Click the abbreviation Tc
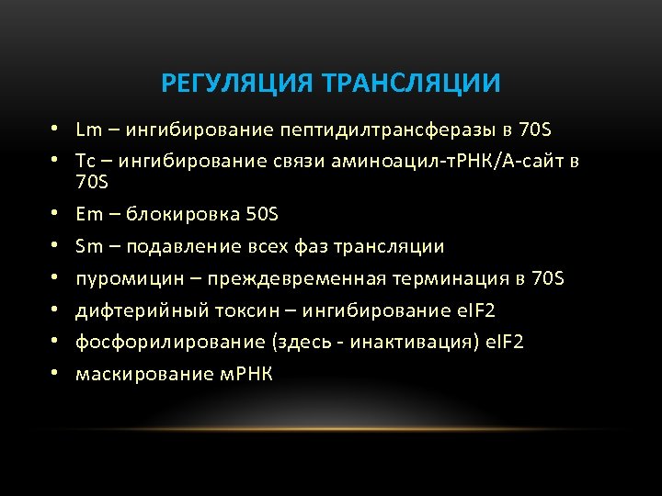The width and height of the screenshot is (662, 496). (x=86, y=162)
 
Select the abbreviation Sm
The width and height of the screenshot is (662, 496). (x=88, y=246)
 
